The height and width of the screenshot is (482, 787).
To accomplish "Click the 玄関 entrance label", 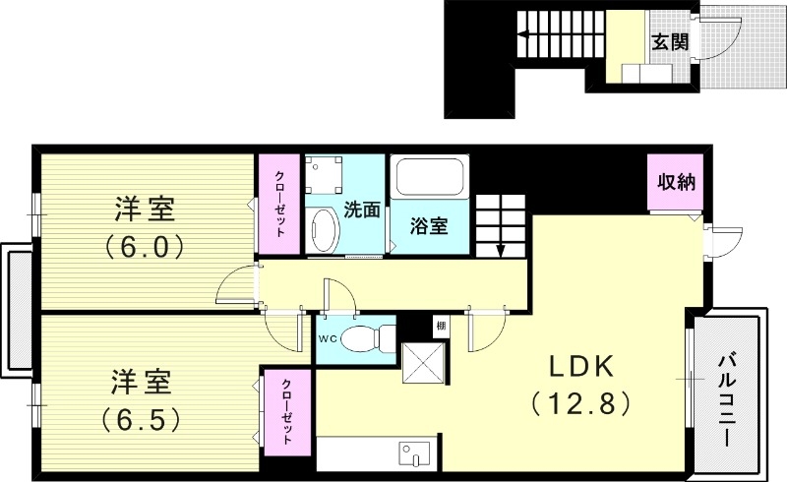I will pyautogui.click(x=669, y=41).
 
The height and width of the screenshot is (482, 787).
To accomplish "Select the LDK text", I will pyautogui.click(x=580, y=368).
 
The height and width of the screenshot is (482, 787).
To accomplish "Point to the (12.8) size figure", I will pyautogui.click(x=579, y=402).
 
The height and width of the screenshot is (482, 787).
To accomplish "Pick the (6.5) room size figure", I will pyautogui.click(x=144, y=420).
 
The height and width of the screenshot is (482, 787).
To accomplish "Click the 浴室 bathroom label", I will pyautogui.click(x=429, y=225).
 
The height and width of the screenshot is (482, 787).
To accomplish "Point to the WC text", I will pyautogui.click(x=328, y=337).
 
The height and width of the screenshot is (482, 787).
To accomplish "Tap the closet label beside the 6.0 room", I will pyautogui.click(x=280, y=204).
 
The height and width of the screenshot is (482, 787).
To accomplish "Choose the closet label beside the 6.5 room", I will pyautogui.click(x=286, y=412).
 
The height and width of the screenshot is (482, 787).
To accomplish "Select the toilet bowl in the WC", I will pyautogui.click(x=370, y=336).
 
